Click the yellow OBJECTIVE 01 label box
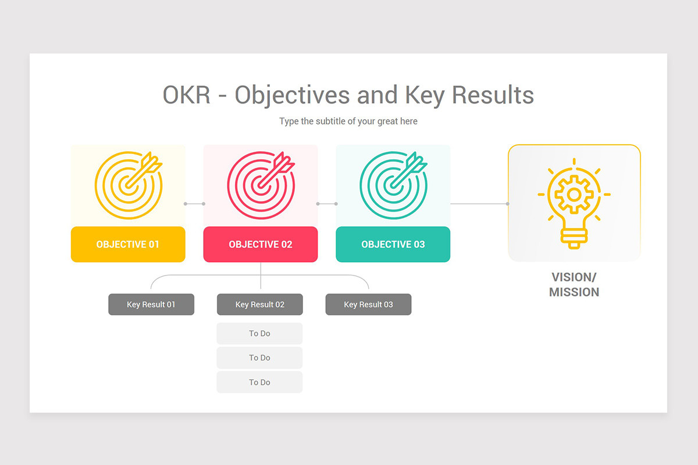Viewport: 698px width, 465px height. tap(128, 244)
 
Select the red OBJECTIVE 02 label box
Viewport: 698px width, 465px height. tap(261, 244)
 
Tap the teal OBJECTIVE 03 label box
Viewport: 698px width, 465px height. tap(393, 244)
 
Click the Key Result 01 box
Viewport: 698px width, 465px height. tap(151, 305)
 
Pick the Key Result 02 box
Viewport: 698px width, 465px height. tap(260, 305)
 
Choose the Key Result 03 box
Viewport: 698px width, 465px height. tap(368, 305)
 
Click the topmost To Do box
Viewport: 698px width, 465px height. tap(259, 333)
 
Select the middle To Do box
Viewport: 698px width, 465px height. tap(259, 357)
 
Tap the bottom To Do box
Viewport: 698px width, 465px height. tap(259, 382)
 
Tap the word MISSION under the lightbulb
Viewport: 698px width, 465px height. tap(574, 292)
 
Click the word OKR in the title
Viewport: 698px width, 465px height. tap(187, 95)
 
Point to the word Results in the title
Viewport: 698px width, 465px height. tap(493, 95)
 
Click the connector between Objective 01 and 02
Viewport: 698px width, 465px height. tap(194, 203)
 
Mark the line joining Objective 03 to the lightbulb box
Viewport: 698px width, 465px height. tap(480, 203)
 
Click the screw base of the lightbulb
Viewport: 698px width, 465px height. tap(574, 239)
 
